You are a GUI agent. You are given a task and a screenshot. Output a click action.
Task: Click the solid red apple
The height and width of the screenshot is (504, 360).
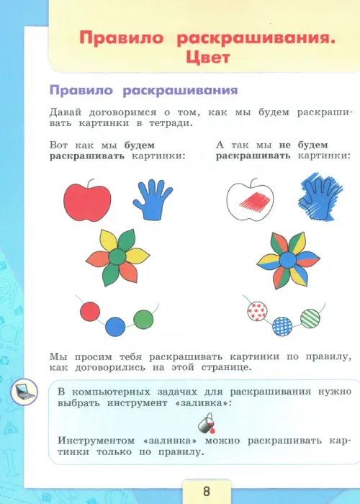[87, 202]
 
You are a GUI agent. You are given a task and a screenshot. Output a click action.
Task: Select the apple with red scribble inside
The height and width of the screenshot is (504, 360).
[250, 200]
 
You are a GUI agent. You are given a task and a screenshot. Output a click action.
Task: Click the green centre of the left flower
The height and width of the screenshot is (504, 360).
[117, 257]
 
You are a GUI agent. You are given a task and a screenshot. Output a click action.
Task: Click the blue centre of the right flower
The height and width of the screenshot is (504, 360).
[288, 260]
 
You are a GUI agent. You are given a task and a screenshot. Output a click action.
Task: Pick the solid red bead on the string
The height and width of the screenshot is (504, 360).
[90, 312]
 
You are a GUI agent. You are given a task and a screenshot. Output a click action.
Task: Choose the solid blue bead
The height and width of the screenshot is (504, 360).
[115, 327]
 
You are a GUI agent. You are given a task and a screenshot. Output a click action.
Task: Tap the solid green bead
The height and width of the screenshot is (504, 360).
[143, 319]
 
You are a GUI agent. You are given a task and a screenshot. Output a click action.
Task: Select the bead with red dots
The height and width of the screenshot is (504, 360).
[258, 311]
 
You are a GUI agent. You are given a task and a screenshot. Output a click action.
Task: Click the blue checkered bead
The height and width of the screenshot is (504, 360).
[282, 327]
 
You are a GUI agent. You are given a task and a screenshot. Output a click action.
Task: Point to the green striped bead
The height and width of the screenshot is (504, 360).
[310, 318]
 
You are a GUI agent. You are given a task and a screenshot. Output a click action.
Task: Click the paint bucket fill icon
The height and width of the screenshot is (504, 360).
[207, 423]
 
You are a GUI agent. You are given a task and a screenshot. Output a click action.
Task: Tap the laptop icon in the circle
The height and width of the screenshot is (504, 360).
[24, 392]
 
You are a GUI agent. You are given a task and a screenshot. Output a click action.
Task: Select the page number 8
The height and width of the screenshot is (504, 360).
[207, 492]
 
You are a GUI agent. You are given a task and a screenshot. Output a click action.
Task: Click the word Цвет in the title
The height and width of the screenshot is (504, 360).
[207, 58]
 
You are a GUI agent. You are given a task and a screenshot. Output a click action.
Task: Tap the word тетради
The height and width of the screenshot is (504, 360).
[171, 123]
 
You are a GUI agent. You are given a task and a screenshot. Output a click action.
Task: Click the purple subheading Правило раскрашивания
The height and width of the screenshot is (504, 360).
[144, 90]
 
